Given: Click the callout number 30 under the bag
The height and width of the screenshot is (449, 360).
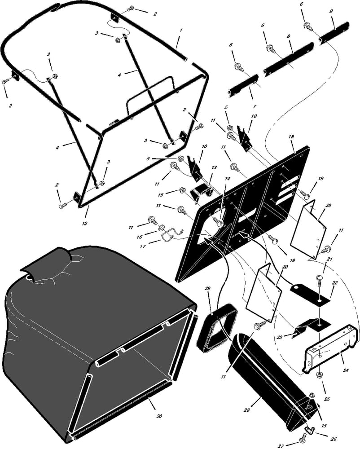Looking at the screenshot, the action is (x=159, y=415).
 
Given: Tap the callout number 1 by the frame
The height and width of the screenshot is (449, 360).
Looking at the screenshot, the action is (x=181, y=30).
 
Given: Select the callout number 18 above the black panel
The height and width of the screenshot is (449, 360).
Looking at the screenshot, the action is (x=291, y=137).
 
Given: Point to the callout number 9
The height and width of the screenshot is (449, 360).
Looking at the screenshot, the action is (x=331, y=12).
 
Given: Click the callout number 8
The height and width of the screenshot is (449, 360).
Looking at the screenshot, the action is (x=289, y=36).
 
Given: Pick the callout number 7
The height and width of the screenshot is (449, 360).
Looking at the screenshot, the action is (x=255, y=106).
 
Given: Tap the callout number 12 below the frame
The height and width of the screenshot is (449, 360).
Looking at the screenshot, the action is (x=85, y=223).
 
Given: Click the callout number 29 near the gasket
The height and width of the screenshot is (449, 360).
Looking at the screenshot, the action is (x=208, y=288).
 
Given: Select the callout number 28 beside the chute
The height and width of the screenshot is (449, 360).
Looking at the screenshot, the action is (x=247, y=410).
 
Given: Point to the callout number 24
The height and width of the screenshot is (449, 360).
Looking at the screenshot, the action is (x=346, y=370).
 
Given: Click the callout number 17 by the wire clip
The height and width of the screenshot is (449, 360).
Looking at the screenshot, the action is (x=143, y=247).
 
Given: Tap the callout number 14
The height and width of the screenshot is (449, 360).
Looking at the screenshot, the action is (x=227, y=178).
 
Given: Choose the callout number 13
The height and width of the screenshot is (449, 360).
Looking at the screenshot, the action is (x=214, y=167).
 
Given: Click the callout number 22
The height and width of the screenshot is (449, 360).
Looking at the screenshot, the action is (x=335, y=283).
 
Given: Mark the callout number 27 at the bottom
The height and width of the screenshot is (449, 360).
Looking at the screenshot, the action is (x=281, y=446).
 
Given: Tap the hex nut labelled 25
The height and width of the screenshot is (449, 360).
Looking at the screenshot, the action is (x=320, y=374).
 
